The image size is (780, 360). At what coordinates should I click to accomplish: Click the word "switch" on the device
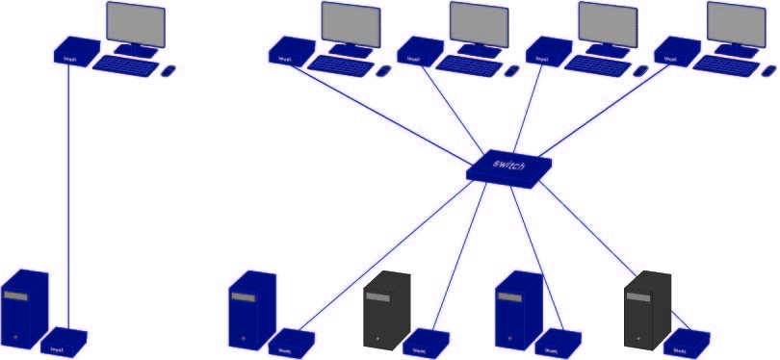[509, 165]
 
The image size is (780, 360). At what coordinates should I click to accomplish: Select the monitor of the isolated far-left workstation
[135, 23]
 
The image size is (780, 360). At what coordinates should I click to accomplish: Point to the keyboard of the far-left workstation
[125, 65]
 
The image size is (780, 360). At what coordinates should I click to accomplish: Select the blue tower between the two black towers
[517, 309]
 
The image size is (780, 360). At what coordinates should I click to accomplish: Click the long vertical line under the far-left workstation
[69, 193]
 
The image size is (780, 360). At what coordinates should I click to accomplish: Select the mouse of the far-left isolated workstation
[168, 70]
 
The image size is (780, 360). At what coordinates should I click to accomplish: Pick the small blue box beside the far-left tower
[66, 340]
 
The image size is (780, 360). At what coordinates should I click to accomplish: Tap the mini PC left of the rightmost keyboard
[677, 50]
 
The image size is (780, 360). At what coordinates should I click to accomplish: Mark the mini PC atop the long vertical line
[75, 50]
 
